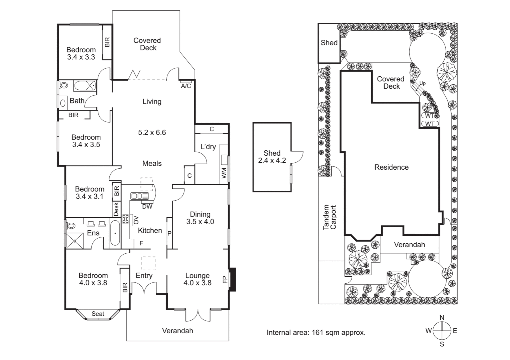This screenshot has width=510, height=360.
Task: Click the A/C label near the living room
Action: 186,86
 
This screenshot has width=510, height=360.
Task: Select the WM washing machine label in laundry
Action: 224,173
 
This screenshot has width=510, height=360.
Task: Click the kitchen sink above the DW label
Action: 140,196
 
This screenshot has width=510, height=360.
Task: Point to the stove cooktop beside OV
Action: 125,219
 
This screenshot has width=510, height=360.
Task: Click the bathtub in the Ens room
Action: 114,233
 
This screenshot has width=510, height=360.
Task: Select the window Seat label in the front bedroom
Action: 98,314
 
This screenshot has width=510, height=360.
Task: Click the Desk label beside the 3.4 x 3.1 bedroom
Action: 116,209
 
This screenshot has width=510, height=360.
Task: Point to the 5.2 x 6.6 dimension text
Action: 152,132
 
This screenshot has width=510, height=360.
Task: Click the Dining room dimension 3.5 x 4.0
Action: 200,222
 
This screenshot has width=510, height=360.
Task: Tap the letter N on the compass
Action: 442,317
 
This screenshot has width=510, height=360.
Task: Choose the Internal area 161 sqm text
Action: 316,332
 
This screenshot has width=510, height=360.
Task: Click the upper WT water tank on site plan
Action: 430,116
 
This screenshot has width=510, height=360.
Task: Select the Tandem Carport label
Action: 330,217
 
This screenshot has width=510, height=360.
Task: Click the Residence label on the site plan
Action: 391,167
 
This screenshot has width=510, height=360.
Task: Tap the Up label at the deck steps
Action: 422,83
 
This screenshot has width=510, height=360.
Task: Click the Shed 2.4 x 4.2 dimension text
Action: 272,160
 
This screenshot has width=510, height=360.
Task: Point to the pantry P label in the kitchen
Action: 169,233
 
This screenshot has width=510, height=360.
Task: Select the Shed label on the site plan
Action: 329,43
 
